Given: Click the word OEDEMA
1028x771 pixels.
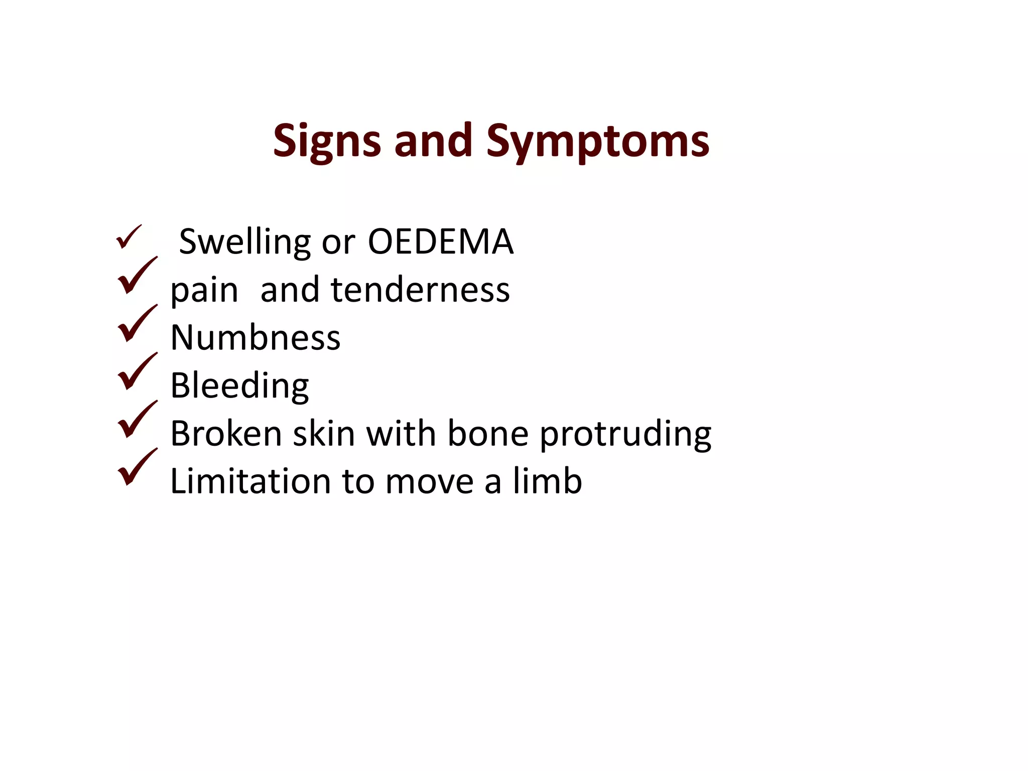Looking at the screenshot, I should [x=440, y=242].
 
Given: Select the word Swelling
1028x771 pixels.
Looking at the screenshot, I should [x=245, y=242].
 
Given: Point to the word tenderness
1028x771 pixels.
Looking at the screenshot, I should [x=420, y=290].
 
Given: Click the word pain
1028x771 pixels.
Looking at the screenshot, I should [x=204, y=291].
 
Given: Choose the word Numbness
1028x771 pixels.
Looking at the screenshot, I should [x=255, y=337].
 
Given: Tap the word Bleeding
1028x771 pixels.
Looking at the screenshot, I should [x=239, y=385].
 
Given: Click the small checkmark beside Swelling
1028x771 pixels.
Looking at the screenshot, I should [x=128, y=237].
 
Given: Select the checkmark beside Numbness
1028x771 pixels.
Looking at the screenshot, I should [x=136, y=324].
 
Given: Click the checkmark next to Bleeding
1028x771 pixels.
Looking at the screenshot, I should [x=136, y=371].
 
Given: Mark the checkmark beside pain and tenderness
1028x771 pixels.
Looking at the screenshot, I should [x=136, y=276].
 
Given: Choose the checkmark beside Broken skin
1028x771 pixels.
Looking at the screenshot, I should [x=136, y=420].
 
